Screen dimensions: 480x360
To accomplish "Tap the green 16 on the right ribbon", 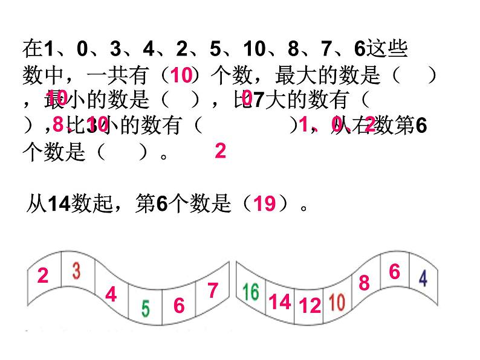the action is tap(251, 291).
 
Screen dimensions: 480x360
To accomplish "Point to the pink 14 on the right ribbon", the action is tap(280, 301).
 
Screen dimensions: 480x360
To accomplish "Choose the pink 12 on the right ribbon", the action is tap(310, 306).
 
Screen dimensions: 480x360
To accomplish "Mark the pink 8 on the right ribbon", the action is tap(364, 283).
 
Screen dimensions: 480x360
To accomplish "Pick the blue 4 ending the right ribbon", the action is tap(423, 278).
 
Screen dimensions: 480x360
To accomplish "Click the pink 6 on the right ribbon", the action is tap(394, 272).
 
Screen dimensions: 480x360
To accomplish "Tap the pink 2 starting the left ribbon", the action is tap(42, 276).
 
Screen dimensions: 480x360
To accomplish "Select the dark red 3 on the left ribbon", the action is tap(76, 270).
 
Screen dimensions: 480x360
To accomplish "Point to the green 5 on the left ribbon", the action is tap(146, 309).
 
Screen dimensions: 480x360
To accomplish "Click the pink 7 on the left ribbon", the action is tap(212, 291).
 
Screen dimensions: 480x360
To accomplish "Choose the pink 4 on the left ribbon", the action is tap(111, 295).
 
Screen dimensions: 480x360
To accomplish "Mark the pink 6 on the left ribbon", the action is tap(179, 306).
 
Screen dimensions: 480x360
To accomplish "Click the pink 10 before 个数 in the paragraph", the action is tap(181, 76).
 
